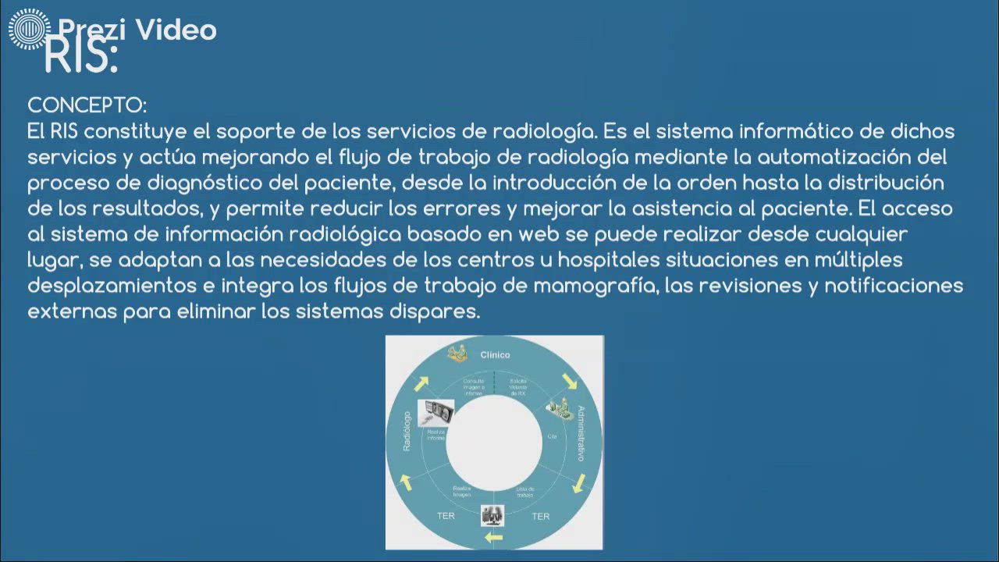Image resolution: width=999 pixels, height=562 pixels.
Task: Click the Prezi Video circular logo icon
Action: click(x=29, y=29)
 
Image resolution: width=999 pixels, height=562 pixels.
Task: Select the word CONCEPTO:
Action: click(x=87, y=105)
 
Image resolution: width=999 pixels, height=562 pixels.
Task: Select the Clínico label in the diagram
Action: click(x=495, y=354)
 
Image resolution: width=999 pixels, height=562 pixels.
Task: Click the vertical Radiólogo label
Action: click(x=407, y=432)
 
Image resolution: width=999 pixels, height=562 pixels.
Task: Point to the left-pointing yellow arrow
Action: click(x=494, y=538)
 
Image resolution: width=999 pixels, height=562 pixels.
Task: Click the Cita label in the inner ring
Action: click(x=552, y=436)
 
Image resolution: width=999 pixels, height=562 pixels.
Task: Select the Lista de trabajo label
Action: click(x=524, y=492)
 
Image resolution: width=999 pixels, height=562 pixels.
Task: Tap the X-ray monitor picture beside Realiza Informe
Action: click(x=436, y=411)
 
